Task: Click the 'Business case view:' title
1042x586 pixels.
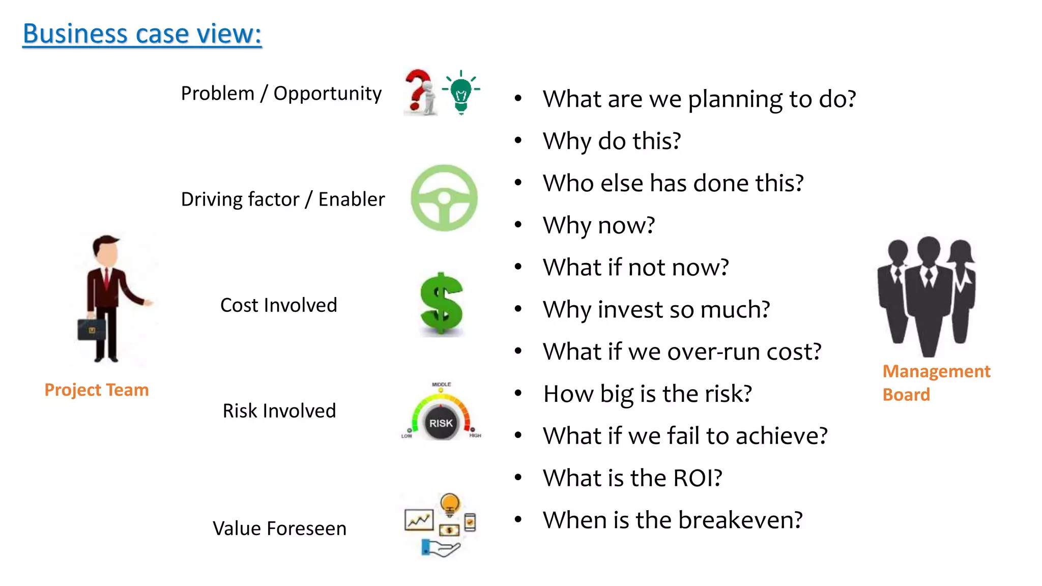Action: [142, 34]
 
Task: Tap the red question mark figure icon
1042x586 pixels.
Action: [420, 92]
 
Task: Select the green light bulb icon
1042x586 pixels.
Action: [461, 93]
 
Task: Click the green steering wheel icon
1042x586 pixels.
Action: [444, 198]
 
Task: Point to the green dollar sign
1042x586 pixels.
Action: [441, 304]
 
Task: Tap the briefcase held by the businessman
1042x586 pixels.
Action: [92, 330]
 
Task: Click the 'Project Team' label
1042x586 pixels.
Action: [97, 390]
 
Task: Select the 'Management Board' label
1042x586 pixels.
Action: [936, 383]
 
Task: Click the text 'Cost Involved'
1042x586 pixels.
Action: [278, 305]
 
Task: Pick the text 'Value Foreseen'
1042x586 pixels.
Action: [279, 529]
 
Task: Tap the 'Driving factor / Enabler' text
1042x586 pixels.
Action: [283, 199]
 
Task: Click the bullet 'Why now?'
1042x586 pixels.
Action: [599, 225]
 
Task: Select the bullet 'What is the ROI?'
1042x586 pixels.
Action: [632, 478]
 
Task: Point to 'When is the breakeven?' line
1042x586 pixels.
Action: [673, 520]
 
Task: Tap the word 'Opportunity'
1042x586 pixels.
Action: [327, 94]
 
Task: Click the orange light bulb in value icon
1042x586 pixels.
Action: [450, 504]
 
